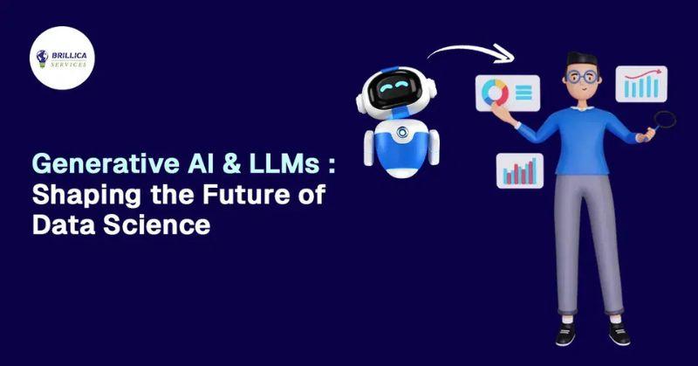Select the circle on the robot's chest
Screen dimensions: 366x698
402,133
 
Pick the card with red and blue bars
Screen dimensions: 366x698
520,170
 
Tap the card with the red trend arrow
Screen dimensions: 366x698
642,85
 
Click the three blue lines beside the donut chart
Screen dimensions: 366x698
524,92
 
